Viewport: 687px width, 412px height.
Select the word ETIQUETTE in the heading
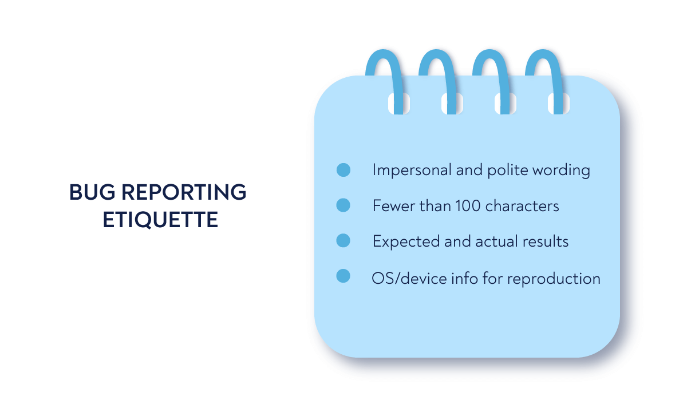[160, 220]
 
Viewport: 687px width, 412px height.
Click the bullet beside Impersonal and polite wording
[343, 170]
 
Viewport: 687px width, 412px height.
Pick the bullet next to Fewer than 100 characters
[343, 205]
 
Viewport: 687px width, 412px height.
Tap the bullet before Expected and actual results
[343, 241]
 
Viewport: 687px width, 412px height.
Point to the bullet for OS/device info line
[343, 276]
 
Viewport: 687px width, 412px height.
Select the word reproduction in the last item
[554, 279]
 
